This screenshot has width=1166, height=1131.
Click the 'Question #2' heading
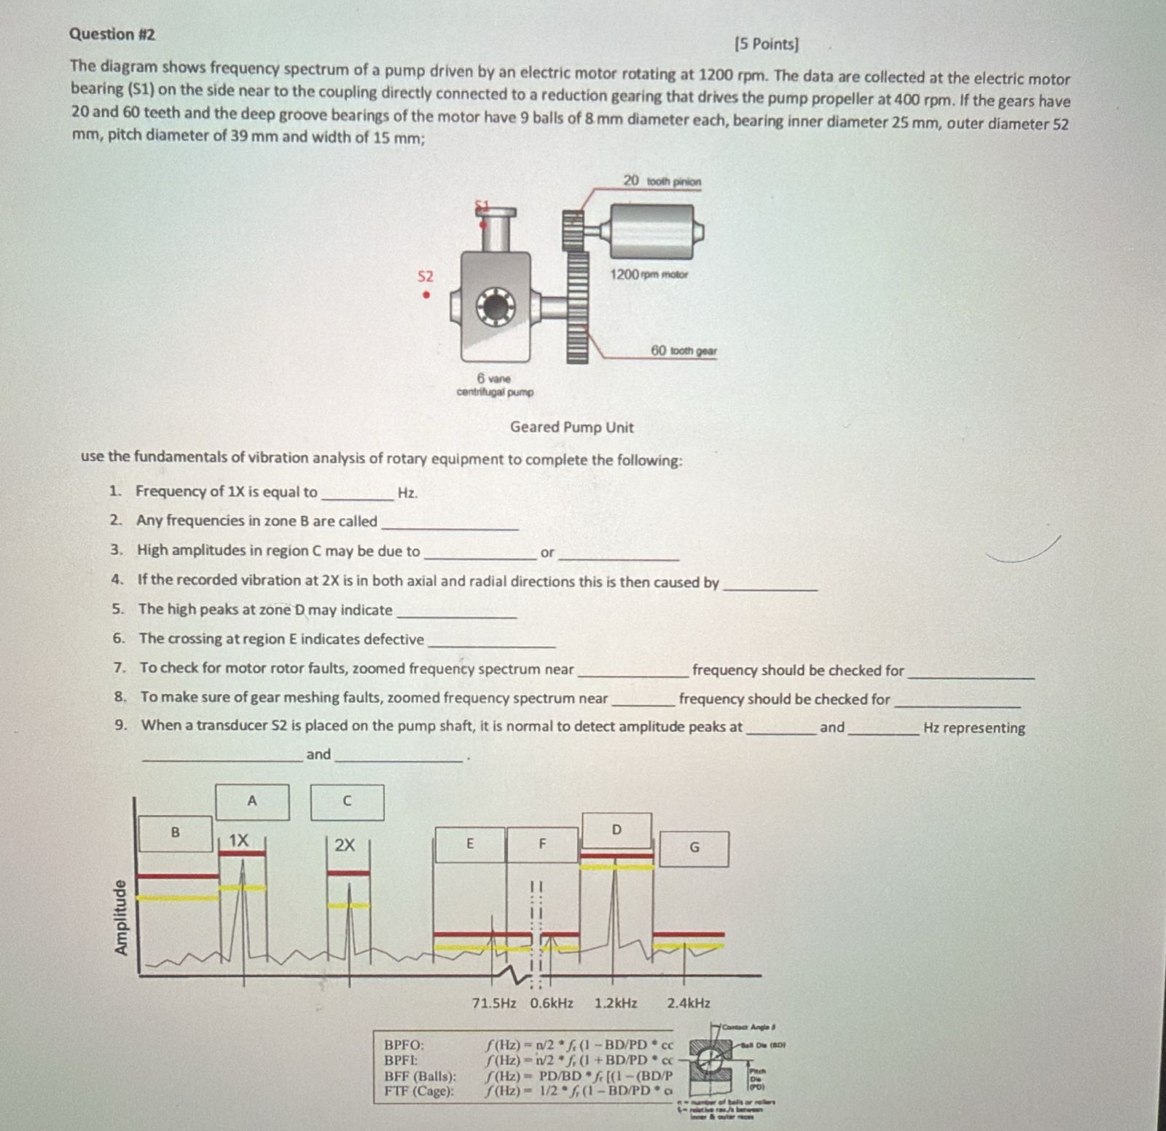click(x=111, y=34)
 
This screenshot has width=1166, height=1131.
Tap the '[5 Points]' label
click(x=767, y=44)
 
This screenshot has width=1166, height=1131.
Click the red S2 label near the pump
click(x=425, y=277)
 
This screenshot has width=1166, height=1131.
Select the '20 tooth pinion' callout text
click(x=662, y=181)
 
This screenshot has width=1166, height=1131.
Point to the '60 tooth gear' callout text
click(x=683, y=351)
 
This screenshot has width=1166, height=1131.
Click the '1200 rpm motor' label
click(x=649, y=275)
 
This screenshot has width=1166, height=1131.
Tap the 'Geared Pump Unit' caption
click(x=571, y=427)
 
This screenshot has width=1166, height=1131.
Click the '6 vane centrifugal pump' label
click(x=495, y=385)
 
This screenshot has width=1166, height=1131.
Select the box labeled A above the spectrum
click(x=252, y=801)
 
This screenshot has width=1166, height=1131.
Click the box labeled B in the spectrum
click(x=175, y=832)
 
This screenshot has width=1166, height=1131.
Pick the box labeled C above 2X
click(x=347, y=801)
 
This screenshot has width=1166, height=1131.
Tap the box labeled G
click(x=694, y=848)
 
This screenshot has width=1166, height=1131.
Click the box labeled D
click(x=617, y=830)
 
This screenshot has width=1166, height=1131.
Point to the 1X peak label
click(x=238, y=840)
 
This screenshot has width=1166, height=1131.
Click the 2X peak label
click(x=345, y=846)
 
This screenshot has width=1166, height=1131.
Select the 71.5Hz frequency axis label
click(x=493, y=1003)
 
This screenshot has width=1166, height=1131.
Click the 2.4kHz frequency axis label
click(x=689, y=1003)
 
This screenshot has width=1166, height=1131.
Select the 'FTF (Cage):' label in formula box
click(x=419, y=1090)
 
